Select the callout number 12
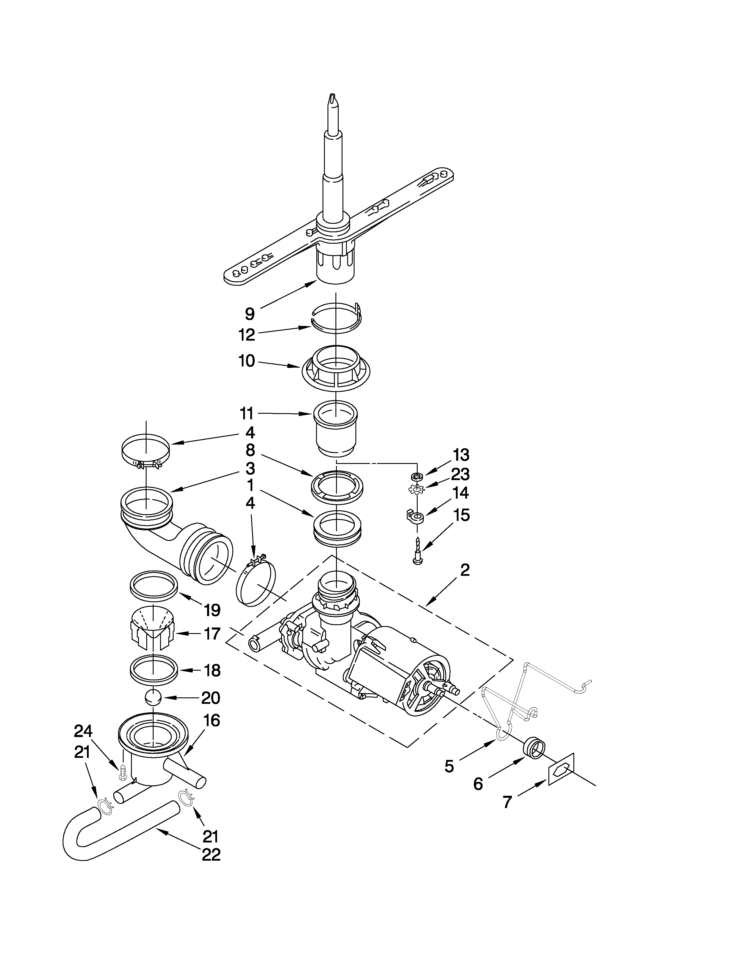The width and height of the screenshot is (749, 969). click(x=247, y=335)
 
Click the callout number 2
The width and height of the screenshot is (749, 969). click(x=465, y=570)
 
